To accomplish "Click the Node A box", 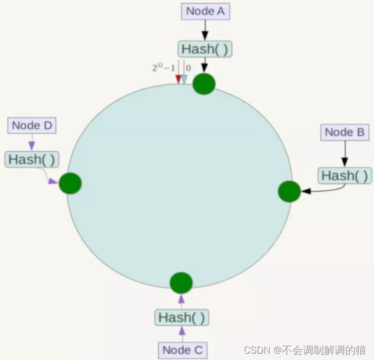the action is [205, 12].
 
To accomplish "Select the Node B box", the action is [345, 132].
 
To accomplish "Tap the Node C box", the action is [182, 349].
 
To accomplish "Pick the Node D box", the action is [32, 125].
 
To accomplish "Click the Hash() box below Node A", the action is [205, 49].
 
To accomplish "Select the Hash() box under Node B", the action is [345, 176].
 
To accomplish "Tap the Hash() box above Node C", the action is [182, 318].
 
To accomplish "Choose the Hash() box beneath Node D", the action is [32, 159].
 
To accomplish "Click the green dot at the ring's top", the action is [204, 84].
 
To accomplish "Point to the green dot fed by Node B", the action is [289, 191].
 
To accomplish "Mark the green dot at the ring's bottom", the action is [181, 283].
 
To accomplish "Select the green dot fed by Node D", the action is [70, 183].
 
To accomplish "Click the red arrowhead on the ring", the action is [178, 79].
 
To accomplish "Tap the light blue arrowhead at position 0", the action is [184, 79].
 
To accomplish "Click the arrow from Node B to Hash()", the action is [345, 154].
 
